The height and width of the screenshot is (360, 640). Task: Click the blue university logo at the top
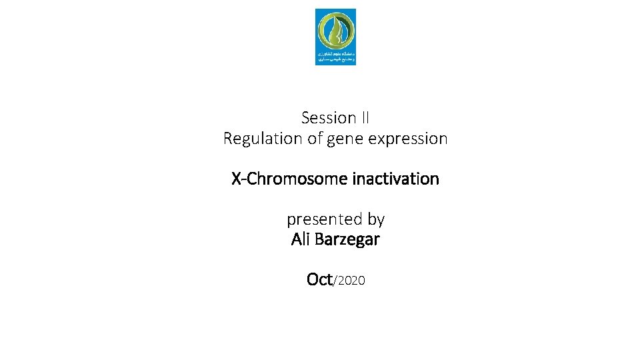[x=335, y=37]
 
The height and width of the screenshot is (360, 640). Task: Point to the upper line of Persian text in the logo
[x=335, y=52]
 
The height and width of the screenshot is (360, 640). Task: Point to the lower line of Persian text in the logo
[x=335, y=59]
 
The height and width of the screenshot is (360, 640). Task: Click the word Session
[x=329, y=118]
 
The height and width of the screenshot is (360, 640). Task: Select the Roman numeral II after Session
[x=365, y=118]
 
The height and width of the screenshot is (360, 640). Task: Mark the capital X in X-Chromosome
[x=237, y=179]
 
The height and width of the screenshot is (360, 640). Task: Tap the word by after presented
[x=375, y=220]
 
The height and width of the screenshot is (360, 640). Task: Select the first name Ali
[x=301, y=239]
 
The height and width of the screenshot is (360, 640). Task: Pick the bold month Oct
[x=319, y=279]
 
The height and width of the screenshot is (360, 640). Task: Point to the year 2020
[x=351, y=281]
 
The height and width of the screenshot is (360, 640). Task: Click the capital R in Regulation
[x=228, y=139]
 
